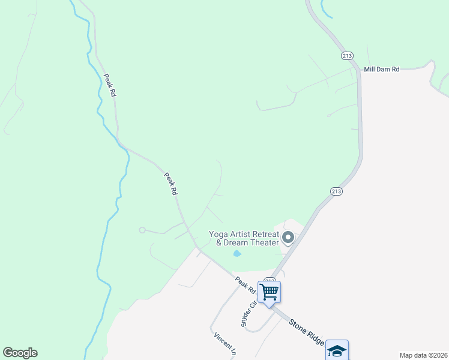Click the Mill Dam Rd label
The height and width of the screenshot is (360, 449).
coord(382,70)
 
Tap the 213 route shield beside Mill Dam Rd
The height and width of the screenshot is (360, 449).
coord(346,56)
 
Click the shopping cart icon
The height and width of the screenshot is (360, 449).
coord(270,292)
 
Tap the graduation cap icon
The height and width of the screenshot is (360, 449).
coord(337,350)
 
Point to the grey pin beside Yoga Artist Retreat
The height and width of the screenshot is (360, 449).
coord(288,238)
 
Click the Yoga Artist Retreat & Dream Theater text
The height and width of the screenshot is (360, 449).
coord(244,238)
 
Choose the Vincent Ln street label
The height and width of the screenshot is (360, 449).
coord(223,345)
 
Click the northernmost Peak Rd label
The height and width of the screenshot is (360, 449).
coord(109,85)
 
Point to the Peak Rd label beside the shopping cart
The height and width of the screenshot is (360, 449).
coord(245,285)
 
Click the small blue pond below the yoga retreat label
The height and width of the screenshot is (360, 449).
coord(237,254)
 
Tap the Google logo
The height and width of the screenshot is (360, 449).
coord(20,353)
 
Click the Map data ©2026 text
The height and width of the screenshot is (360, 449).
coord(423,355)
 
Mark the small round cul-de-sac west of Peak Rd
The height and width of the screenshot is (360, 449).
coord(142,230)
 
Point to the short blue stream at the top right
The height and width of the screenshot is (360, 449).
coord(325,8)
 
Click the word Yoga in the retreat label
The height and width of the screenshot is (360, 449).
coord(218,234)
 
